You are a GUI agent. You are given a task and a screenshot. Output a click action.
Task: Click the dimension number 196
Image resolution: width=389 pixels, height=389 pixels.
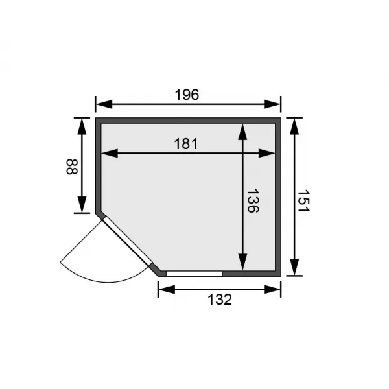(x=187, y=94)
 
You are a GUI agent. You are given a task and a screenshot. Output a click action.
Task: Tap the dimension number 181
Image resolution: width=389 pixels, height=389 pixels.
(x=186, y=143)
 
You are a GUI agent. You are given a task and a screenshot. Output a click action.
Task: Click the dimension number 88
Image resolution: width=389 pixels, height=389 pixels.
(x=71, y=167)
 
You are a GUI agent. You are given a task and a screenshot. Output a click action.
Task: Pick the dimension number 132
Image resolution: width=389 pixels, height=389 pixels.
(x=220, y=299)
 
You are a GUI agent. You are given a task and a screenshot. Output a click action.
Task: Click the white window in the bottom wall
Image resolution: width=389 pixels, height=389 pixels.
(x=194, y=273)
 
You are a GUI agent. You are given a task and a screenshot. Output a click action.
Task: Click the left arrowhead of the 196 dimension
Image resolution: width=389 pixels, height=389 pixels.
(x=101, y=103)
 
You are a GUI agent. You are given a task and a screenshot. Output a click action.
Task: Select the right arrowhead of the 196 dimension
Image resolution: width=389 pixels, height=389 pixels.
(x=276, y=103)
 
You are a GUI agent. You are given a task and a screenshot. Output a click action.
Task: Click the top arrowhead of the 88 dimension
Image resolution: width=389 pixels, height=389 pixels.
(x=82, y=124)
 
